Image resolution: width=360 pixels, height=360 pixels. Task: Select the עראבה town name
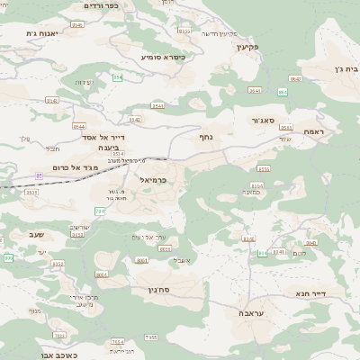(251, 313)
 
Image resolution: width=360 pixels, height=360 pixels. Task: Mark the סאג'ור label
(256, 119)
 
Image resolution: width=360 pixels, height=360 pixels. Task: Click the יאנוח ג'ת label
(42, 33)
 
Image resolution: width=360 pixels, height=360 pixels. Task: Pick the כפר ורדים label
(100, 5)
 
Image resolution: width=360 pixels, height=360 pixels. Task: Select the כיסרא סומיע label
(163, 57)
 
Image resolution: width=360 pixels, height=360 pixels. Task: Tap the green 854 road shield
(117, 77)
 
